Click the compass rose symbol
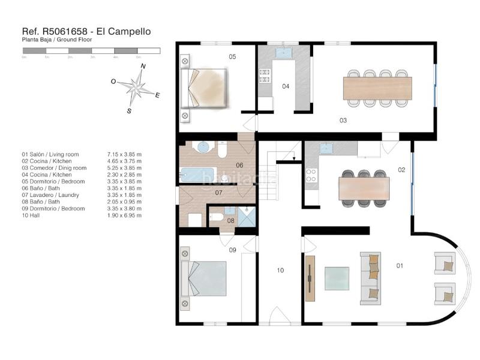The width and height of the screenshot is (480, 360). pos(139,88)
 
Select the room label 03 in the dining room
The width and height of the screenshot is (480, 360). pos(343,120)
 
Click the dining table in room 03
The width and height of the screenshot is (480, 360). pos(377,88)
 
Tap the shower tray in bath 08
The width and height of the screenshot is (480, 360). pos(247,217)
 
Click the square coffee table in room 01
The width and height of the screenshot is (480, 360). pos(336,278)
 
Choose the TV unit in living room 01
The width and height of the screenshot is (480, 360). pos(310,278)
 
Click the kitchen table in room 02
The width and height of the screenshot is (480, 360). pos(364,188)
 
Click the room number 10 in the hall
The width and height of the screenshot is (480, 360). pos(280,271)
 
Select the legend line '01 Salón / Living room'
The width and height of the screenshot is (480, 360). pos(53,154)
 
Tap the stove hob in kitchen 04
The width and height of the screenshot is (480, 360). pos(264,75)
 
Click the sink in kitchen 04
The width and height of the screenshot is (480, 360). pos(283,53)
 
